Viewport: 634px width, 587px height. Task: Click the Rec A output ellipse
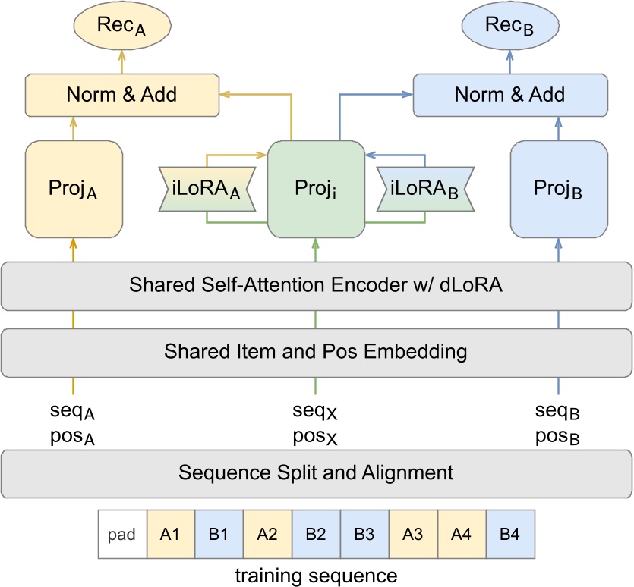click(x=121, y=25)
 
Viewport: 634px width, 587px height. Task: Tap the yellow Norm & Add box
click(x=121, y=95)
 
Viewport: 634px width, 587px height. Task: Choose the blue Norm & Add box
click(x=509, y=95)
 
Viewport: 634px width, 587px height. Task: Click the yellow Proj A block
click(x=74, y=189)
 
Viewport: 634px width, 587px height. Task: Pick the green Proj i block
click(x=317, y=188)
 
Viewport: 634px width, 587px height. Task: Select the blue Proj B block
click(x=559, y=189)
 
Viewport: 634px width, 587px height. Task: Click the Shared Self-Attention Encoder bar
click(x=317, y=286)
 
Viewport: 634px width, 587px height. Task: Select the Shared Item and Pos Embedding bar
click(x=317, y=352)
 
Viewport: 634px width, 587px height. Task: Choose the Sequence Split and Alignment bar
click(x=317, y=473)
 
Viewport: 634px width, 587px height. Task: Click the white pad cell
click(x=122, y=534)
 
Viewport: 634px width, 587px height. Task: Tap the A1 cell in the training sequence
click(x=171, y=534)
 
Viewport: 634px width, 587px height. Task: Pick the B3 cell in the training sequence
click(x=364, y=534)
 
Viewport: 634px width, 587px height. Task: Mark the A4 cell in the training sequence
click(x=462, y=534)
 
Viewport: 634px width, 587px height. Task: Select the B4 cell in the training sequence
click(x=510, y=534)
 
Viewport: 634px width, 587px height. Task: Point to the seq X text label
click(x=315, y=413)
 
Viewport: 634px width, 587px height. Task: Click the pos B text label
click(x=558, y=438)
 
